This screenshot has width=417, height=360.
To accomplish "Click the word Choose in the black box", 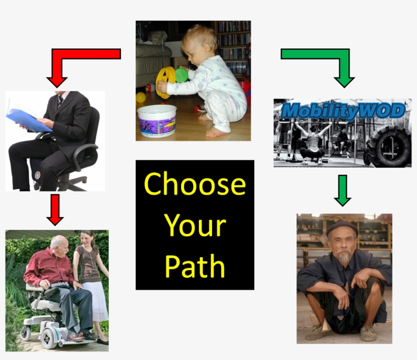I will (x=195, y=184).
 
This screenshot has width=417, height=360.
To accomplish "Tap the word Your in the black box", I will (x=195, y=224).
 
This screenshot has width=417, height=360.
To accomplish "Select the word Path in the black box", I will (x=195, y=265).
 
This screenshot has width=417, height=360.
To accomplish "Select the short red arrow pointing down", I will (x=55, y=209).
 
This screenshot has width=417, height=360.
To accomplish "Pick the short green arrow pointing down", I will (x=343, y=190).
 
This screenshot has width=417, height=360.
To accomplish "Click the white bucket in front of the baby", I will (x=157, y=121).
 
